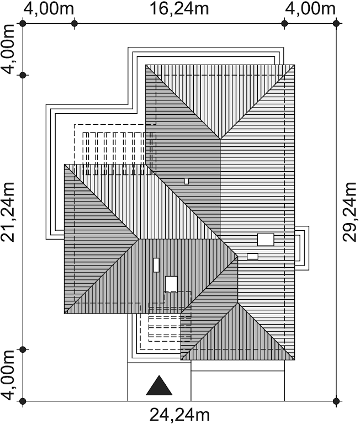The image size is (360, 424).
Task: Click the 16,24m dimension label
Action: (x=179, y=9)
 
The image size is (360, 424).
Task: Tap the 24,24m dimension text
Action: (x=179, y=415)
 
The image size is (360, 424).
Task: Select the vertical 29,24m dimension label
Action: (x=350, y=212)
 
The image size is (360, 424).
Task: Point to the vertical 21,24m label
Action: (x=8, y=212)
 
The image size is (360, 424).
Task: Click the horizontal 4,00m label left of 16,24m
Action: (x=49, y=9)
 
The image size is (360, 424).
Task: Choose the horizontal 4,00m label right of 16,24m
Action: (x=310, y=9)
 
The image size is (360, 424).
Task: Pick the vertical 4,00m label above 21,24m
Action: (x=8, y=49)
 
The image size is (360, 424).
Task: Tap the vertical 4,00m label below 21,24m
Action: (x=8, y=375)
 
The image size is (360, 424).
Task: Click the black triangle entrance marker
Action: (x=160, y=385)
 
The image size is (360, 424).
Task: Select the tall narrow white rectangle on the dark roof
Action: (x=156, y=265)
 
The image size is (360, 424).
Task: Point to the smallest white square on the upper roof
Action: (x=187, y=181)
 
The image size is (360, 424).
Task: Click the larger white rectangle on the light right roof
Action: (x=266, y=240)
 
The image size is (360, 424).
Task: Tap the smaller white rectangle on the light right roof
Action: (x=253, y=256)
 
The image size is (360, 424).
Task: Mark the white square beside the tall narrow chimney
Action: (x=171, y=284)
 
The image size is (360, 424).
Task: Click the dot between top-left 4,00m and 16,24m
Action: (x=75, y=24)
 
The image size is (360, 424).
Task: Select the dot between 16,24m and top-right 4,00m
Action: (x=284, y=24)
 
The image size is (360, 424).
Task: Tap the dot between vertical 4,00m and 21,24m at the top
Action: (x=23, y=75)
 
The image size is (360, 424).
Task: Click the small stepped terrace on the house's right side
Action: (x=302, y=248)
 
